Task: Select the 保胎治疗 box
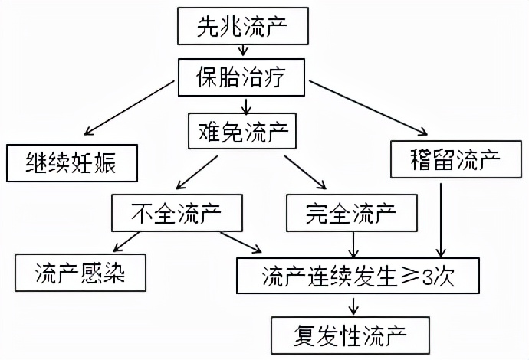pos(244,77)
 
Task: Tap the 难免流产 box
pos(243,130)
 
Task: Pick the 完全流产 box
pos(353,211)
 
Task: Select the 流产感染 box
pos(80,272)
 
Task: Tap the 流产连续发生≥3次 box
pos(359,273)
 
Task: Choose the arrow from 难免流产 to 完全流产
pos(305,172)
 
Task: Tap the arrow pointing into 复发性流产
pos(353,304)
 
